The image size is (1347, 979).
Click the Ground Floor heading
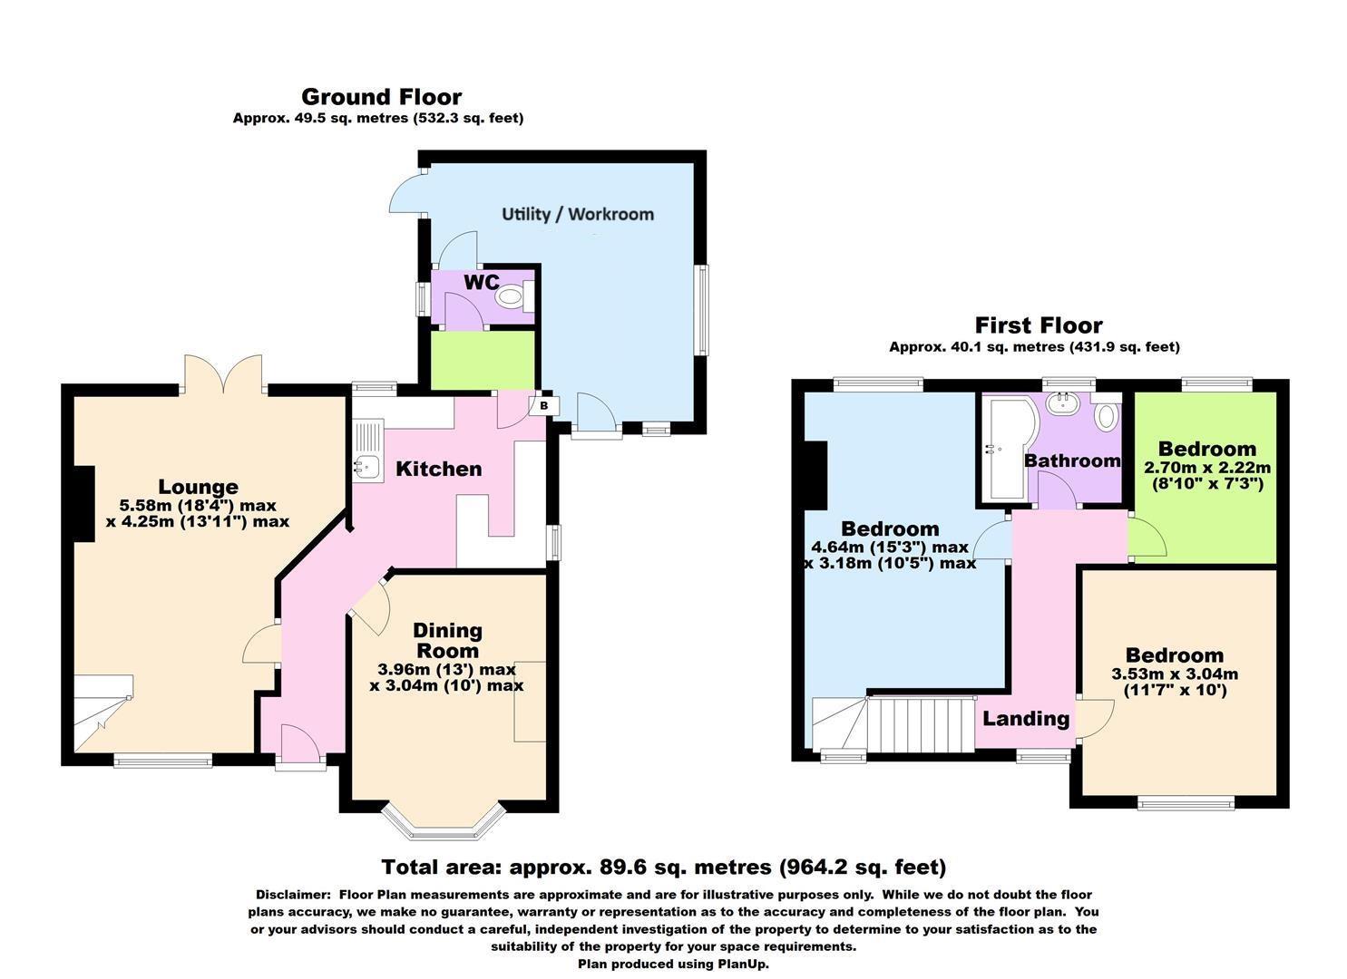[x=381, y=97]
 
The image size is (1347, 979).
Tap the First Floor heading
[x=1039, y=325]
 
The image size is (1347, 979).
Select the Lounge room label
[x=198, y=487]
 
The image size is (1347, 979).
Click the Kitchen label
[x=438, y=469]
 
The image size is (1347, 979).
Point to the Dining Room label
[x=447, y=640]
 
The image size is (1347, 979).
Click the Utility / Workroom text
[x=578, y=214]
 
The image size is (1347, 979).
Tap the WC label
[x=481, y=282]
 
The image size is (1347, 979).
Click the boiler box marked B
[x=544, y=405]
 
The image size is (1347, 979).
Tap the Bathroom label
[x=1072, y=460]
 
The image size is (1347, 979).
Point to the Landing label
[x=1026, y=719]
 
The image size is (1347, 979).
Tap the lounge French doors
[x=223, y=373]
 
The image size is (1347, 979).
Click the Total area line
[x=663, y=868]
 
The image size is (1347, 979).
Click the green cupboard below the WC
[x=481, y=361]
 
